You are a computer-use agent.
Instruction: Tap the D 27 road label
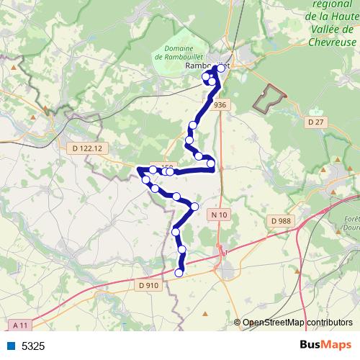tap(315, 122)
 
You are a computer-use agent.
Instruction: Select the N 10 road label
tap(219, 215)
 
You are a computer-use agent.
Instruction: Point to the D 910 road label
tap(147, 285)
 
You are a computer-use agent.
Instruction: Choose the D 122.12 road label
tap(90, 148)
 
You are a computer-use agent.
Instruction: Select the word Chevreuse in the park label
tap(333, 42)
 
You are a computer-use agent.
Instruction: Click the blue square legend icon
tap(11, 346)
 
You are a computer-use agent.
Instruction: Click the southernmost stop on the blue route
tap(179, 273)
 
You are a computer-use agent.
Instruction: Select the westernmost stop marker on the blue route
tap(146, 178)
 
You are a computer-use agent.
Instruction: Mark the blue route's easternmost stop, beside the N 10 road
tap(211, 164)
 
